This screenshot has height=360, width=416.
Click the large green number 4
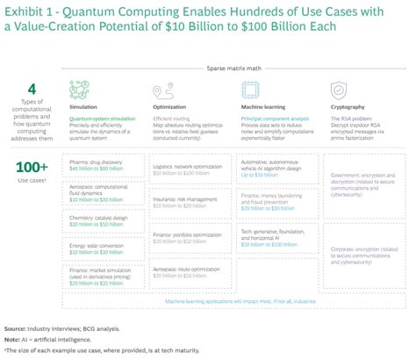(x=32, y=89)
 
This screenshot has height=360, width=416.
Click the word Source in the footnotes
(x=16, y=328)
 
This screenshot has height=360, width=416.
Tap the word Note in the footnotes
(x=13, y=339)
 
